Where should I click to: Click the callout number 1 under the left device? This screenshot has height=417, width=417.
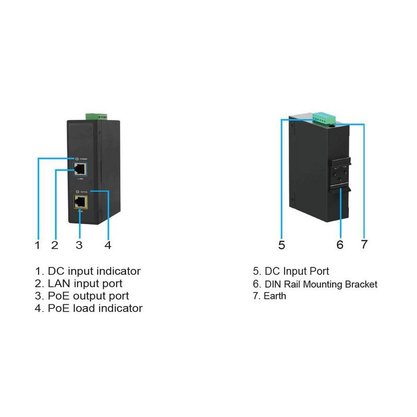pos(37,244)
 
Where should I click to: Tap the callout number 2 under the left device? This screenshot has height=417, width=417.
pos(54,244)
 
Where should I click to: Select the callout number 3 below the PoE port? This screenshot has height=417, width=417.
pos(79,244)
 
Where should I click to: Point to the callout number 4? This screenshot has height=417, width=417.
pos(107,244)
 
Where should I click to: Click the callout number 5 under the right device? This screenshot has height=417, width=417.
pos(281,244)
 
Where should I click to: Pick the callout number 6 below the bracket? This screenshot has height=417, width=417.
pos(340,244)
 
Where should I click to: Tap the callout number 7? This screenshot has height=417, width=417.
pos(364,244)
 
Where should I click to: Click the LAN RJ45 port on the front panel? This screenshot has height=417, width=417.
pos(80,168)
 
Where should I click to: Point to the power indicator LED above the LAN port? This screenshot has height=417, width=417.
pos(77,158)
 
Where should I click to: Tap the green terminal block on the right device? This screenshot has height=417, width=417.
pos(323,118)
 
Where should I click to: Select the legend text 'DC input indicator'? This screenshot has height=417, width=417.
pos(94,271)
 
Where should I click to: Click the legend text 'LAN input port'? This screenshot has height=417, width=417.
pos(85,284)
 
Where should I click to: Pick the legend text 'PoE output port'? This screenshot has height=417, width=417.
pos(89,296)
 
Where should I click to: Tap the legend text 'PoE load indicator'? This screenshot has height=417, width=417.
pos(95,309)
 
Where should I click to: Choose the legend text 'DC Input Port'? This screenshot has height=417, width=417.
pos(297,272)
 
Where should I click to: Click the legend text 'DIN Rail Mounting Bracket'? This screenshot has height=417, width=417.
pos(321,285)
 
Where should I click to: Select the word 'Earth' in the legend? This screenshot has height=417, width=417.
pos(276,297)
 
